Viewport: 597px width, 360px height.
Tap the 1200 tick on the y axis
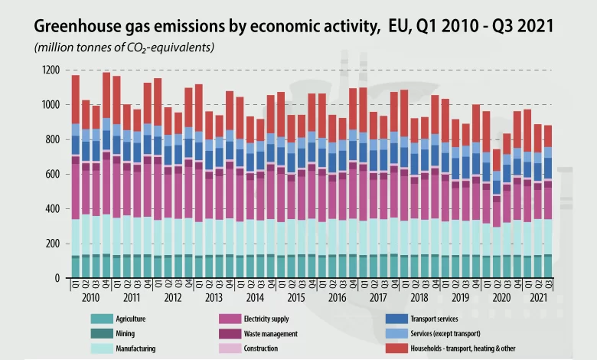pyautogui.click(x=51, y=70)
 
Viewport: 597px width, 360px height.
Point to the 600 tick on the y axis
pyautogui.click(x=53, y=174)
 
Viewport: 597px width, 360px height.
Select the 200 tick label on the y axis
pyautogui.click(x=53, y=244)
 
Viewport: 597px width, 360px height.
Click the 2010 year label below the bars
pyautogui.click(x=90, y=296)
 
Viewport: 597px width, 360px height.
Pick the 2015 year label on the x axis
pyautogui.click(x=297, y=296)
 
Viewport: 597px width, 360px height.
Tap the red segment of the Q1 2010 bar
pyautogui.click(x=76, y=100)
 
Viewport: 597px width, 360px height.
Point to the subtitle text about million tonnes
pyautogui.click(x=123, y=47)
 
